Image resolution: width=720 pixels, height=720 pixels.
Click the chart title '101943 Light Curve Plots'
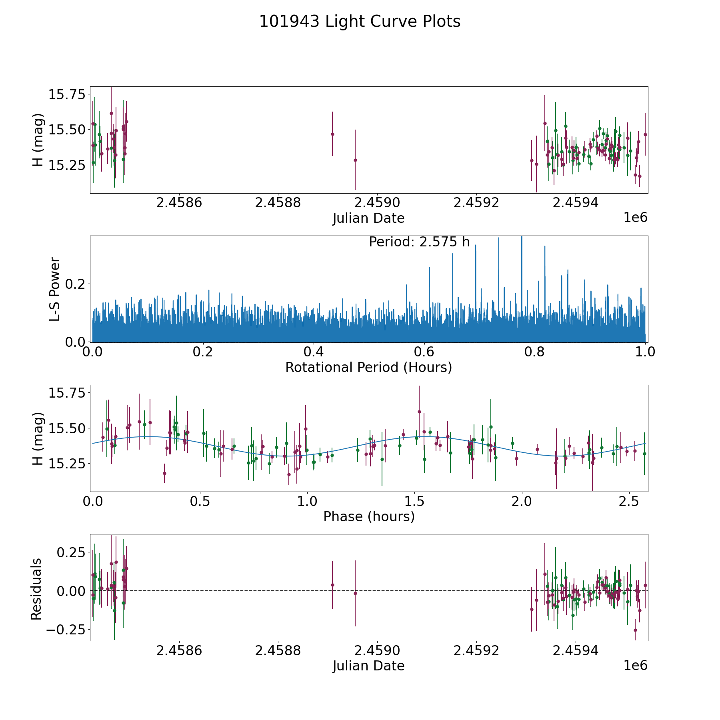click(x=360, y=22)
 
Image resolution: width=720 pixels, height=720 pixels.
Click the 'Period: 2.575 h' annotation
click(x=419, y=242)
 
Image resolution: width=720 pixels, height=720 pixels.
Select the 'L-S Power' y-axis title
click(x=55, y=289)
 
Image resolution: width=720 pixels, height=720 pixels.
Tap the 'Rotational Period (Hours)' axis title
click(x=368, y=367)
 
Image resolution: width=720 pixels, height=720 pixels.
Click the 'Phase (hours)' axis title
click(x=368, y=516)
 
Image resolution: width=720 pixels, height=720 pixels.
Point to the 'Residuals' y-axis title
click(x=36, y=589)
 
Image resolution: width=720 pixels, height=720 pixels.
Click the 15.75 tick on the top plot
click(x=67, y=95)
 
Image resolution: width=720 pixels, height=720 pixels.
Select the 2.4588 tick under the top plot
click(x=278, y=203)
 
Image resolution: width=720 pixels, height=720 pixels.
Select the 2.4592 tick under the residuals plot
click(x=476, y=651)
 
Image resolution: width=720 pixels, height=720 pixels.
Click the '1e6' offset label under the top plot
click(x=635, y=218)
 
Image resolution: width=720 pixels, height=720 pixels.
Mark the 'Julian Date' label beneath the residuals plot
click(x=368, y=666)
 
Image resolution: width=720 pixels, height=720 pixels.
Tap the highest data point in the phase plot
click(x=419, y=412)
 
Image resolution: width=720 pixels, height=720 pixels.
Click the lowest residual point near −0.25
click(x=635, y=630)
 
